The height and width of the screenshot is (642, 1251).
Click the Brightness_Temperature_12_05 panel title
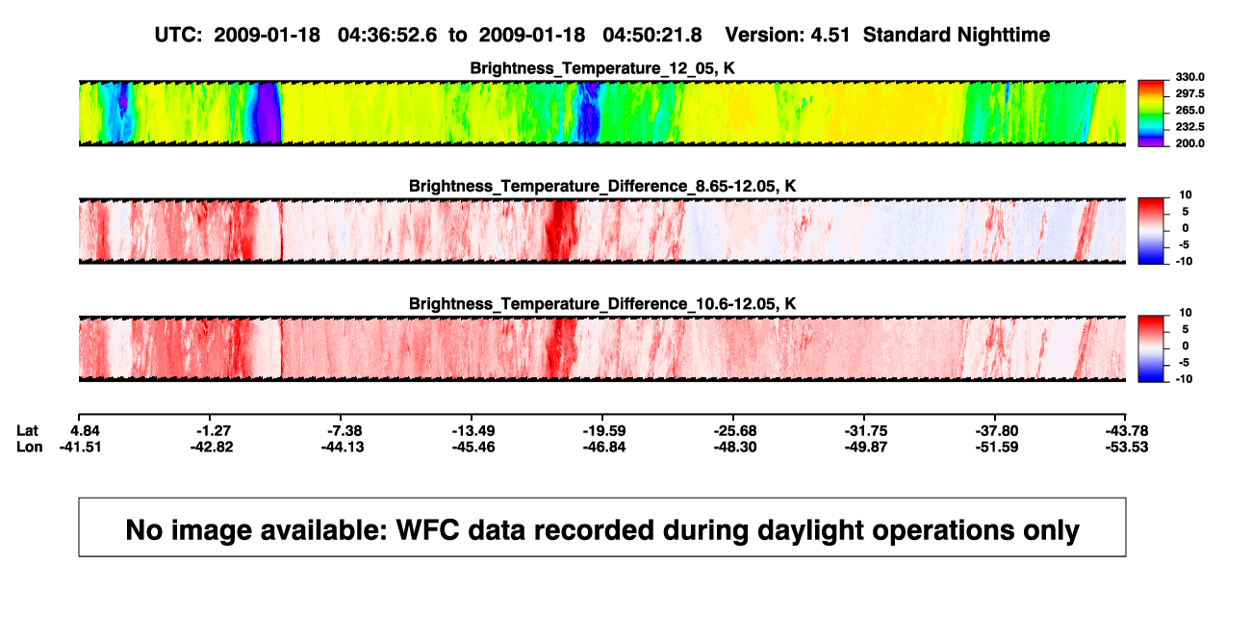point(602,68)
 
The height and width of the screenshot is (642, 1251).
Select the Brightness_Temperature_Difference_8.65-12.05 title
point(602,186)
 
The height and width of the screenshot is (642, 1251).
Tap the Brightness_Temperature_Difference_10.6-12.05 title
point(602,304)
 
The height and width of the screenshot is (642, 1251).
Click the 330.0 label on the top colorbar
point(1189,77)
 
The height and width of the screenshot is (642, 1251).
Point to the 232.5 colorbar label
point(1189,127)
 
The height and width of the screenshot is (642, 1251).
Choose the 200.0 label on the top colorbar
point(1189,143)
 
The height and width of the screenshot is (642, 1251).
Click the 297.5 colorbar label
point(1189,94)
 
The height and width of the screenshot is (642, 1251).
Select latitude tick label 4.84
point(85,431)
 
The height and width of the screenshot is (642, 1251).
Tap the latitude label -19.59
point(604,431)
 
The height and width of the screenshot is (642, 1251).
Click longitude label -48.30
point(735,447)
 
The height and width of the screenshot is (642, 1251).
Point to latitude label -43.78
point(1127,431)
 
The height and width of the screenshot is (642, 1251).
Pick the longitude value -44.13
point(343,447)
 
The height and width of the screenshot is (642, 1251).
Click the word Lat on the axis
point(27,431)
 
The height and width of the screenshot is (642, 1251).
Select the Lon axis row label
point(29,447)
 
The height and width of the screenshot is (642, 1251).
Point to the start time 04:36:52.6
point(387,36)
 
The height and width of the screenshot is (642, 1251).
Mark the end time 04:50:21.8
point(652,36)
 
